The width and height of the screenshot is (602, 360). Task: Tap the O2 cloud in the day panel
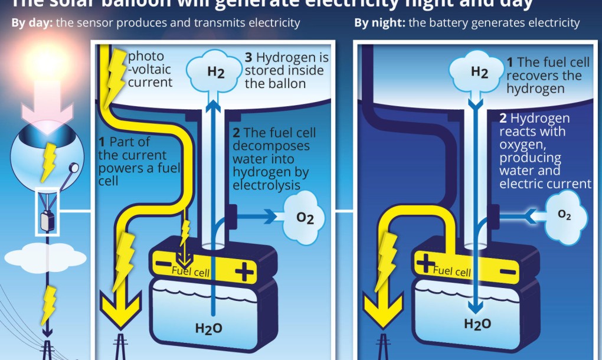305,217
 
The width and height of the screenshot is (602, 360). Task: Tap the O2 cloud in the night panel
565,215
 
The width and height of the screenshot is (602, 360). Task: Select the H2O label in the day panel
209,328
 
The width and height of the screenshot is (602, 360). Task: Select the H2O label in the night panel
477,323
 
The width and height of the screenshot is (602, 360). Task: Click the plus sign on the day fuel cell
243,272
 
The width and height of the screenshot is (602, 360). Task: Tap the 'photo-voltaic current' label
150,69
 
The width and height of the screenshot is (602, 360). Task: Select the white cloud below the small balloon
44,257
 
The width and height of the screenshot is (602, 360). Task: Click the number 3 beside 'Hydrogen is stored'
248,58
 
